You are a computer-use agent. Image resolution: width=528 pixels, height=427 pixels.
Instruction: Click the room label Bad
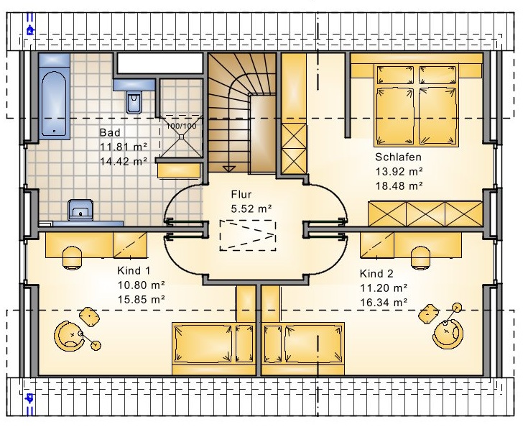pos(110,132)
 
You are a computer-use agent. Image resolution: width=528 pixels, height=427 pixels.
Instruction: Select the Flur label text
pos(241,195)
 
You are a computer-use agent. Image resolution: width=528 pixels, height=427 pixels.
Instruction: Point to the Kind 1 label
pos(134,270)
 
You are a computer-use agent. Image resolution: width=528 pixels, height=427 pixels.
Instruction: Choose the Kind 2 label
pos(376,273)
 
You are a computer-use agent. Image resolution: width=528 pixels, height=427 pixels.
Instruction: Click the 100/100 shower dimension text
pos(181,127)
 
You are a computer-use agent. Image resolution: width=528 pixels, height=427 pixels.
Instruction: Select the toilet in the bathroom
pos(134,102)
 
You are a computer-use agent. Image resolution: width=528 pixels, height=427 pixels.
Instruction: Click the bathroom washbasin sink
pos(80,210)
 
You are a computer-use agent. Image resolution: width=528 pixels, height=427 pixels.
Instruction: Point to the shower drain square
pos(182,137)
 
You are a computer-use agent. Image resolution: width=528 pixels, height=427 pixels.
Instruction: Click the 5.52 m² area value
pos(251,209)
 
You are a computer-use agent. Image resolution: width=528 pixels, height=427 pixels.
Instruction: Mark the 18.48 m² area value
pos(399,185)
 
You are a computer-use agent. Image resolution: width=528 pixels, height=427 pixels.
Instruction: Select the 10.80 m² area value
pos(141,285)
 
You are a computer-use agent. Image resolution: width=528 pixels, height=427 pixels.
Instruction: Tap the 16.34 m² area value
pos(384,303)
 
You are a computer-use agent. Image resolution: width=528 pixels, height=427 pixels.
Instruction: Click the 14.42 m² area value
pos(124,162)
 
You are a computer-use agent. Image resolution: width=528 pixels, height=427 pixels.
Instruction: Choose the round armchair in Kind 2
pos(448,334)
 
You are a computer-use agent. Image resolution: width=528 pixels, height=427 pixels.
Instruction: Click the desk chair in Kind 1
pos(73,257)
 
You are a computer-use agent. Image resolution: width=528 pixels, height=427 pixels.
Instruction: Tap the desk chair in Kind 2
pos(421,257)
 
